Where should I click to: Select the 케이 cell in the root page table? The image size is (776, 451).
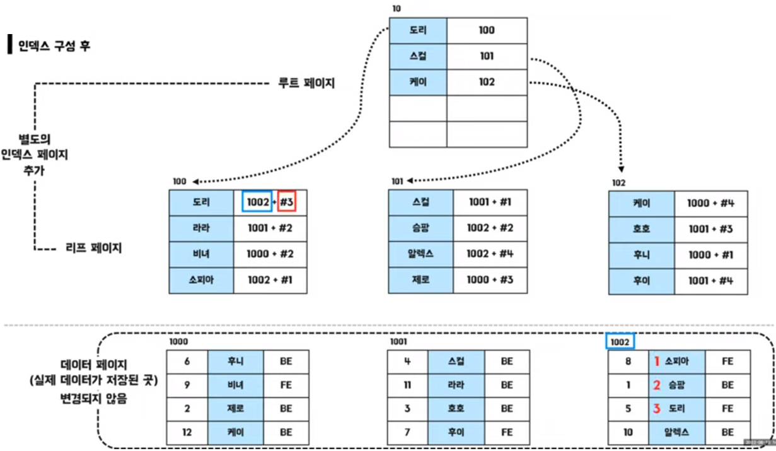418,82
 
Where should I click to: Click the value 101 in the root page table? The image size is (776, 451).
487,56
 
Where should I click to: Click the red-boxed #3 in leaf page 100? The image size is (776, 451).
287,202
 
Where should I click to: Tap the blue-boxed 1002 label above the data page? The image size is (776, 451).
620,341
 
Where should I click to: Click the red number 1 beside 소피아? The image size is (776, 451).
656,361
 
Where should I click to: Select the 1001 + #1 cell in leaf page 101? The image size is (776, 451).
490,202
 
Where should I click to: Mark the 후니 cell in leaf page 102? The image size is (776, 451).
641,255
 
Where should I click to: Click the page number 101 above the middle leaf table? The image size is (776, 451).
397,182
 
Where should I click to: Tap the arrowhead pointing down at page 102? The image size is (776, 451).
621,169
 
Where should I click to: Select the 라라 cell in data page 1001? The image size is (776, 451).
456,385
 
